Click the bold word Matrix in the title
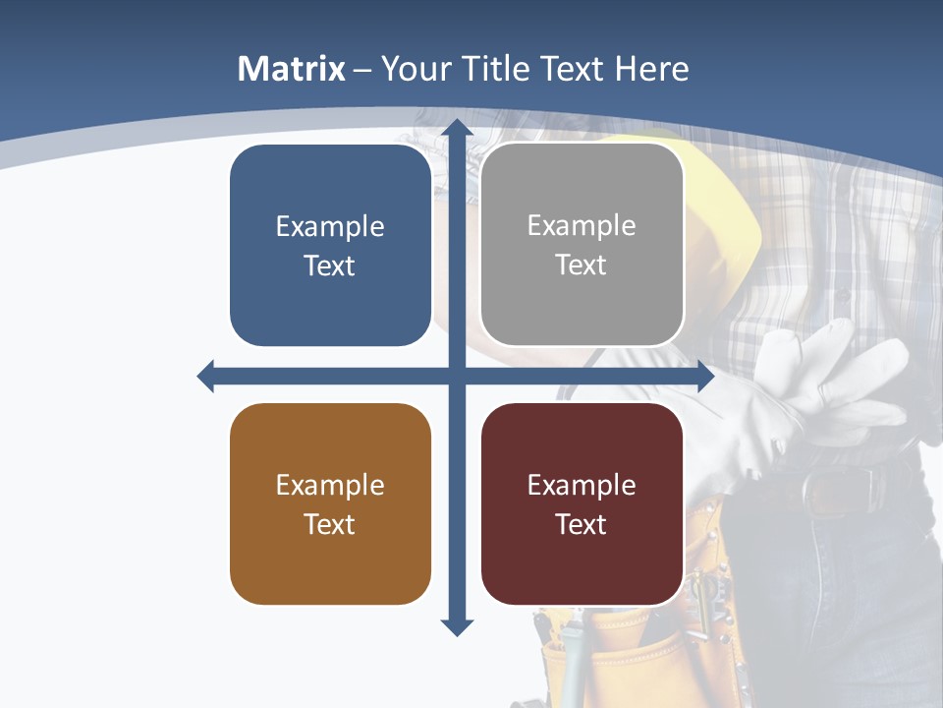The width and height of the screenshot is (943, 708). pos(292,69)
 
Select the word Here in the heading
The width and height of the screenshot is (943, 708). pos(652,69)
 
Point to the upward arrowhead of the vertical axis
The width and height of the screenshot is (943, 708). pos(457,128)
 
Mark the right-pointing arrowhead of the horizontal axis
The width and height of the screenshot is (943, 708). pos(704,376)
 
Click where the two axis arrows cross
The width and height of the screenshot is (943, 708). pos(457,376)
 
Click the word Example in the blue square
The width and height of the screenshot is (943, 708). pos(330,227)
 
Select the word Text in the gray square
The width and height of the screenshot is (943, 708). pos(582,265)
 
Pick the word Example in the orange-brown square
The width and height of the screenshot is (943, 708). pos(330,486)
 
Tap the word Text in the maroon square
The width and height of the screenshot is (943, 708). pos(582,525)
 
